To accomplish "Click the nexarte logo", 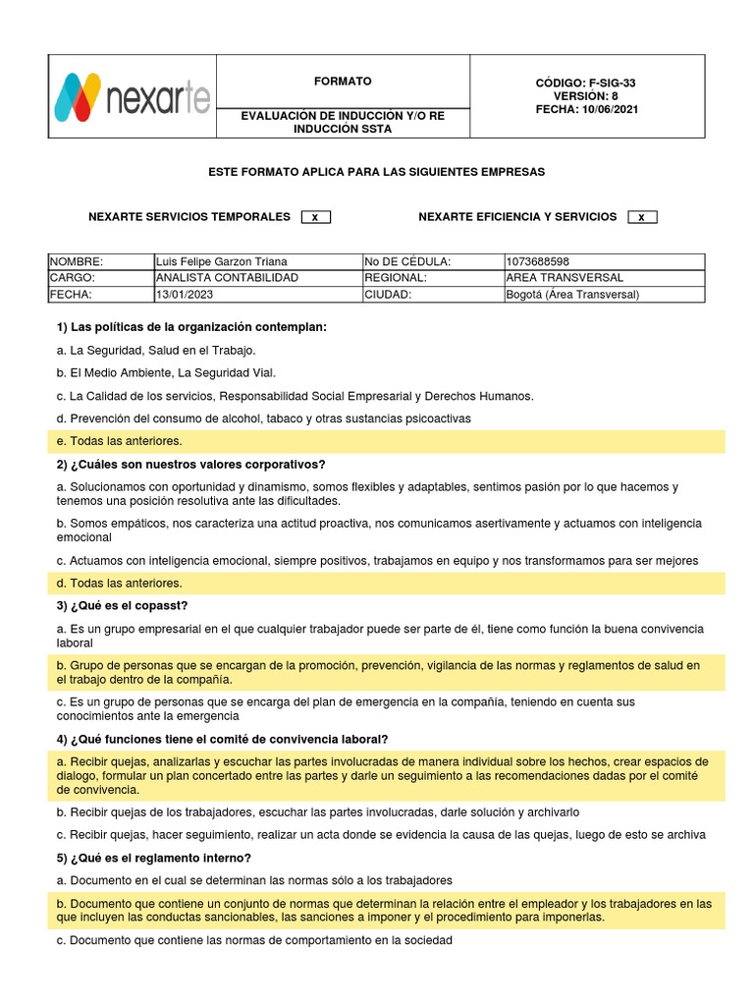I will click(x=132, y=96).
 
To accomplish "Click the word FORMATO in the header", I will click(x=342, y=82).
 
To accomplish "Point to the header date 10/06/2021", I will click(x=611, y=109).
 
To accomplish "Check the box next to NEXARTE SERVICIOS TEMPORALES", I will click(x=315, y=217).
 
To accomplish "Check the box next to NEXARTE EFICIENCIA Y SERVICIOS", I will click(x=641, y=217).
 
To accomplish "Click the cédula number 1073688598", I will click(x=537, y=261).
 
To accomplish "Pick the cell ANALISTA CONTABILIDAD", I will click(x=227, y=278).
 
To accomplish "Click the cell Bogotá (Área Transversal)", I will click(x=571, y=295).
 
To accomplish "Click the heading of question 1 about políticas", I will click(x=191, y=326).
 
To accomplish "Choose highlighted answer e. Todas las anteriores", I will click(x=120, y=441).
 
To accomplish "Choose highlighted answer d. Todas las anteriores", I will click(x=120, y=584).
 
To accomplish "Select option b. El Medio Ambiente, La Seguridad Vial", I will click(x=167, y=372).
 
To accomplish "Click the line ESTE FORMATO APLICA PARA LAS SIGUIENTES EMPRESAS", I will click(x=376, y=172).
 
